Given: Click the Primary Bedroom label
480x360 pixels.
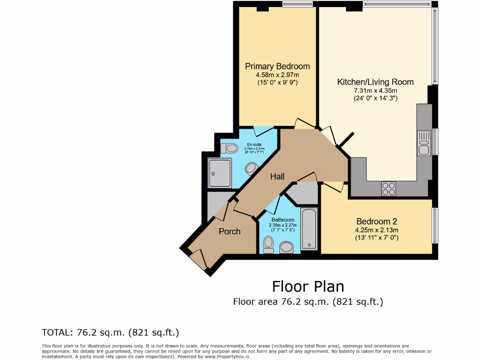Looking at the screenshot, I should [277, 66].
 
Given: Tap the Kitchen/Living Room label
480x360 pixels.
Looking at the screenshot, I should [375, 82].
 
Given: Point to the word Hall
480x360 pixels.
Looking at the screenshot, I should [277, 177].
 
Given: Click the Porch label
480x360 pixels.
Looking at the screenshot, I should [230, 231].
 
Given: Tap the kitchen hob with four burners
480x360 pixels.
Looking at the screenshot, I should [389, 188].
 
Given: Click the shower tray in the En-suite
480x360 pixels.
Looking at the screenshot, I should [220, 172].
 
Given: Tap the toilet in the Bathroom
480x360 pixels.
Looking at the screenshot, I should [269, 244].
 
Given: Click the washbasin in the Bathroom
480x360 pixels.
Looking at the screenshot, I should [286, 247].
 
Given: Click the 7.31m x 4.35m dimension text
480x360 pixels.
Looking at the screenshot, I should [375, 90].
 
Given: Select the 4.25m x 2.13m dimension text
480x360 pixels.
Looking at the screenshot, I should [377, 230].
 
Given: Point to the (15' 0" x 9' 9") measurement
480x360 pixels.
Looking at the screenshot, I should [277, 82].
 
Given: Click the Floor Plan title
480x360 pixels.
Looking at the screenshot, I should [308, 286].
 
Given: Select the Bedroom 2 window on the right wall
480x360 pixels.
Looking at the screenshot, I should [435, 226].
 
